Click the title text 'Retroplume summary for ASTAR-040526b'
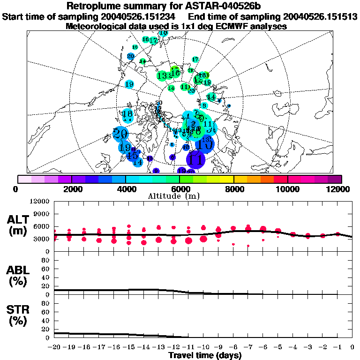(x=180, y=7)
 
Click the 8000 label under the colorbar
(x=234, y=189)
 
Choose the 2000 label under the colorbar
(x=71, y=189)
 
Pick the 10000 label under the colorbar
(x=287, y=189)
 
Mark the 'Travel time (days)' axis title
(x=205, y=356)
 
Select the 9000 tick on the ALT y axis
(x=43, y=214)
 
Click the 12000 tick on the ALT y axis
(x=41, y=202)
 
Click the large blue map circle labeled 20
(x=121, y=134)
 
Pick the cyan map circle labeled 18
(x=127, y=114)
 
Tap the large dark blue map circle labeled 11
(x=196, y=159)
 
